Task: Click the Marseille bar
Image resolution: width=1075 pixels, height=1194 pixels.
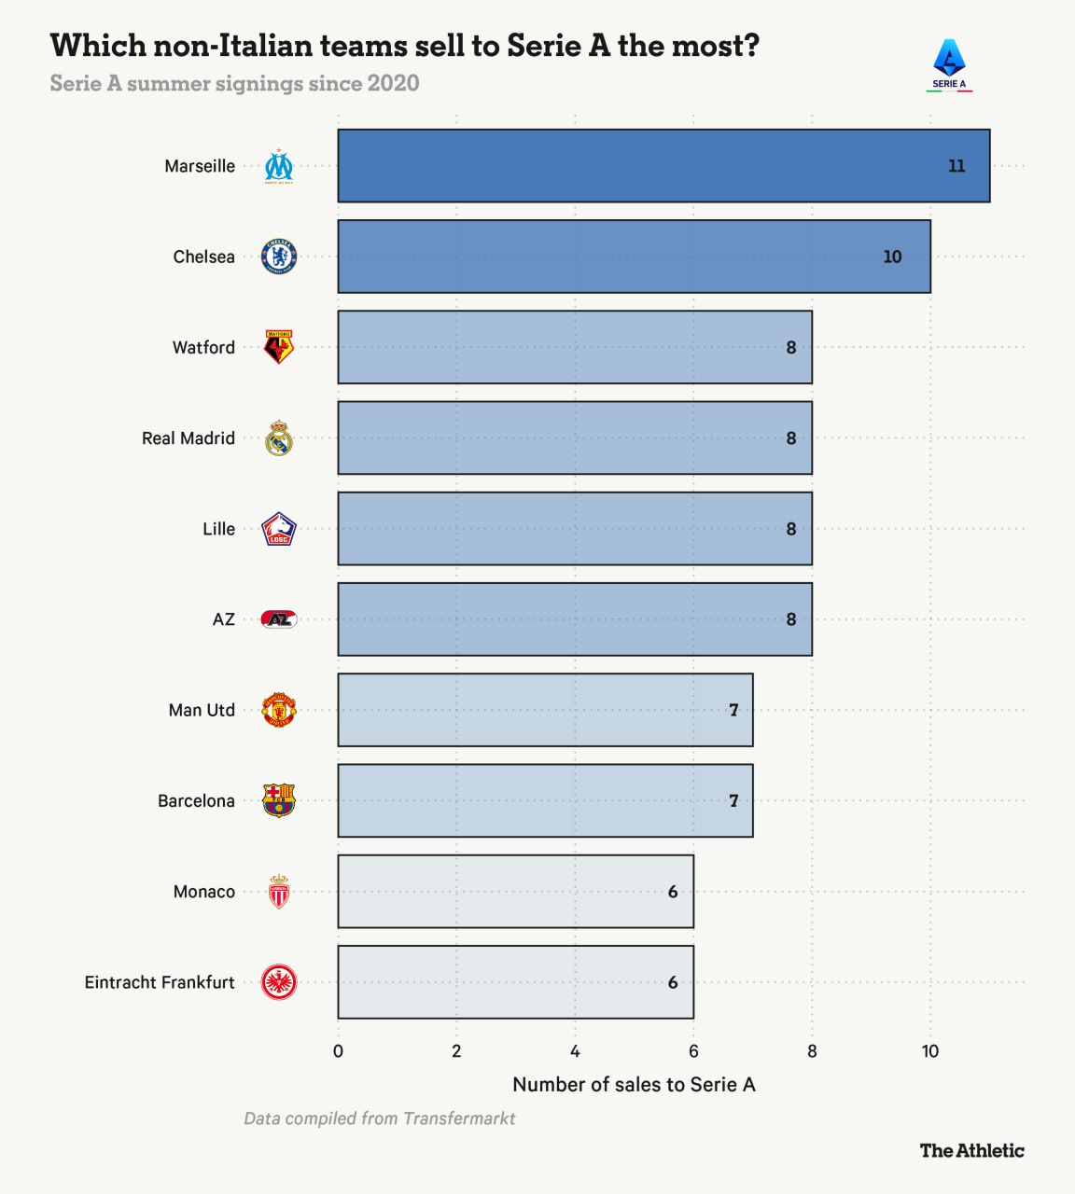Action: pos(663,166)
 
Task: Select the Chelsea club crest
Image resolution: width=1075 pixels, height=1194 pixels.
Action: pos(279,257)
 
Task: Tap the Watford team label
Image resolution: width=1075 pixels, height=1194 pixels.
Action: pos(203,347)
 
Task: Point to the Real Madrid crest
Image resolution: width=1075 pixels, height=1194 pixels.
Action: pos(279,438)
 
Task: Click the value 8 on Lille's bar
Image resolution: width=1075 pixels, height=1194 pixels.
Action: pos(791,529)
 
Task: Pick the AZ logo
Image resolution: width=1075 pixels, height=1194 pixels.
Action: pos(279,619)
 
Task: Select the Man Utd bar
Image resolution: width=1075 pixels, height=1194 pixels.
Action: pos(545,710)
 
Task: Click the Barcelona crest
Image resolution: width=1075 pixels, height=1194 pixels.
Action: pos(279,800)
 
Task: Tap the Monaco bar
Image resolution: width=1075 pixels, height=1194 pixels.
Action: pos(515,891)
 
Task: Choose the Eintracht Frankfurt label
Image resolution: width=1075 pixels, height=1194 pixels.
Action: pos(160,982)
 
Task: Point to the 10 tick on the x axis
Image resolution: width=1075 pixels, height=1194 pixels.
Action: pos(930,1051)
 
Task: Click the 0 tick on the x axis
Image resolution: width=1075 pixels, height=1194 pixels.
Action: pos(338,1051)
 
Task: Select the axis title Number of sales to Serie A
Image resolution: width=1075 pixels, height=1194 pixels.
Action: pos(634,1085)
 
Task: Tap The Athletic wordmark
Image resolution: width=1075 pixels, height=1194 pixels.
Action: pos(971,1150)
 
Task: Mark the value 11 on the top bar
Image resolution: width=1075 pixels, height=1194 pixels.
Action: pos(956,166)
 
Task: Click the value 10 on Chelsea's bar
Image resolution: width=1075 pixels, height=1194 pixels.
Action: pos(893,257)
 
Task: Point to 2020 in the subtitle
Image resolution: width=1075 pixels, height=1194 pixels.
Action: pos(393,83)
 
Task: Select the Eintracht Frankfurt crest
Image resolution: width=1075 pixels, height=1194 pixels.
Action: pos(279,982)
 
